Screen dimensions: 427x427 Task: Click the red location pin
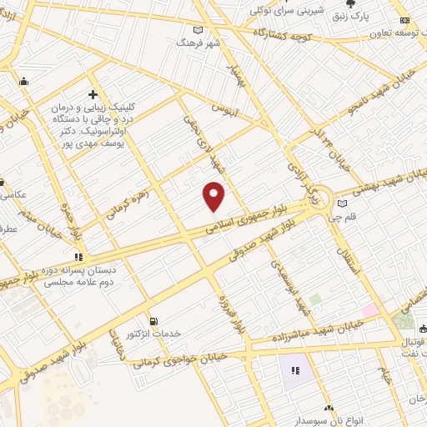(x=214, y=198)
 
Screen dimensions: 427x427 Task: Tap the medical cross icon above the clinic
(x=93, y=94)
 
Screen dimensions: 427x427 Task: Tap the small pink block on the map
(x=369, y=310)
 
